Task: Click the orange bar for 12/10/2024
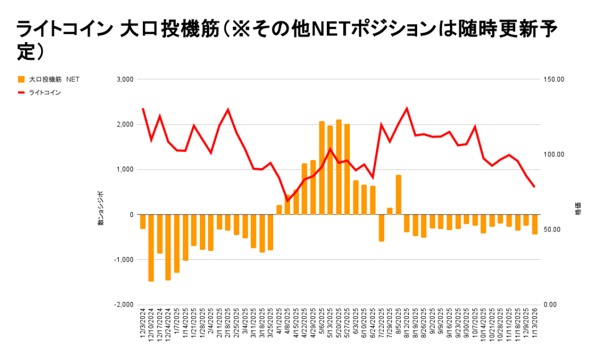pos(151,248)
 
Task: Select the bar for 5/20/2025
pos(339,167)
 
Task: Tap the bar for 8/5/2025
pos(398,195)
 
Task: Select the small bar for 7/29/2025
pos(390,211)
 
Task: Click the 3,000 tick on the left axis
pos(125,79)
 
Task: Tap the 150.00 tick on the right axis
pos(554,79)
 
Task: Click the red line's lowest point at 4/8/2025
pos(288,201)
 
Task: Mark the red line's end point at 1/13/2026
pos(534,186)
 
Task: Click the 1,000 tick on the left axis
pos(125,169)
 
